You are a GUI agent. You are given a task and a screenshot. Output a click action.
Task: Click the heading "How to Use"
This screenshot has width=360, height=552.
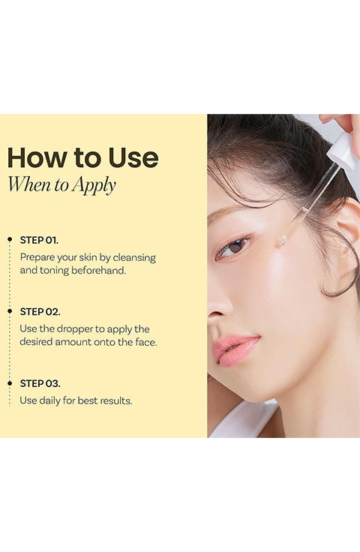coord(83,157)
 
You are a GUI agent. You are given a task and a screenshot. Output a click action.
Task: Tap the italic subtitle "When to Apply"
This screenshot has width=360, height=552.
coord(61,184)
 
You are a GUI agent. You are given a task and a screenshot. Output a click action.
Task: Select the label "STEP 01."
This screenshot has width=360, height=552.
coord(39,240)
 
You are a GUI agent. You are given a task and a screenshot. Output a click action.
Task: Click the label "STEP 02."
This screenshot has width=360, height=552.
coord(40,311)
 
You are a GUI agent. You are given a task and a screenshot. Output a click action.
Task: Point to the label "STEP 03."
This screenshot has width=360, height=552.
coord(40,383)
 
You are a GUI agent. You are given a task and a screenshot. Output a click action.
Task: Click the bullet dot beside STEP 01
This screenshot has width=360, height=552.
coord(10,239)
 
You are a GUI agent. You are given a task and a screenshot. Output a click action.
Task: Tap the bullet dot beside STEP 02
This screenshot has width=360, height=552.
coord(10,311)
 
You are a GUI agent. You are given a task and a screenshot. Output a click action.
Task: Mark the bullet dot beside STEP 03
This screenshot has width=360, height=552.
coord(10,383)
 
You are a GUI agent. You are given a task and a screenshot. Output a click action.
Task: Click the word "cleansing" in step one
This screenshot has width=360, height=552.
coord(134,258)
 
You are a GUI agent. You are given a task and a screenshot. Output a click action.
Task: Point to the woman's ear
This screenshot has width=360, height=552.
coord(346,238)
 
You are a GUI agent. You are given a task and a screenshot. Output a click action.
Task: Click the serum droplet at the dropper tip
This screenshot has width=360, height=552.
coord(281,241)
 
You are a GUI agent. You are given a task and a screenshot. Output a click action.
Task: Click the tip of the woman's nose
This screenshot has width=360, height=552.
coord(215,310)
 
